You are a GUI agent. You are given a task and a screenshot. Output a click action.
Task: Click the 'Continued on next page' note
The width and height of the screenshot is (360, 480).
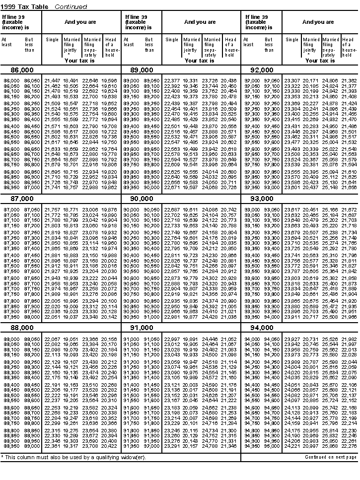331,457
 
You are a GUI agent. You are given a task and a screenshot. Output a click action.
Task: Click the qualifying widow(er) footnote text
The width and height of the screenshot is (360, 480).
74,457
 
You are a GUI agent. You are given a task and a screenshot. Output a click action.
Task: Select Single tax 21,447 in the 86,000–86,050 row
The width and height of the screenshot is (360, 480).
52,80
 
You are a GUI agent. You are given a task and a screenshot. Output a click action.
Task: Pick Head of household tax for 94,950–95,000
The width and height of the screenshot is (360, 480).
349,446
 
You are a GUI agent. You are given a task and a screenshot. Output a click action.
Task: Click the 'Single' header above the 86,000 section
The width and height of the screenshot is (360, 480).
52,40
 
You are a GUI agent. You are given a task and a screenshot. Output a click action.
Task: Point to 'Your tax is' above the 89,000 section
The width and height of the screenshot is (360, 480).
198,61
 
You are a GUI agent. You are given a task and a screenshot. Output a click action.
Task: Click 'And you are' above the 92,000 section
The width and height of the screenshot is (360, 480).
318,22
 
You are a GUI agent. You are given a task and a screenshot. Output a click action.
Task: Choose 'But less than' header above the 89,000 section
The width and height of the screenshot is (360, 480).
149,45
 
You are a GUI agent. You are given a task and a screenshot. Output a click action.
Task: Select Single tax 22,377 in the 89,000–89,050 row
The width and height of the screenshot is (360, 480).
172,80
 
